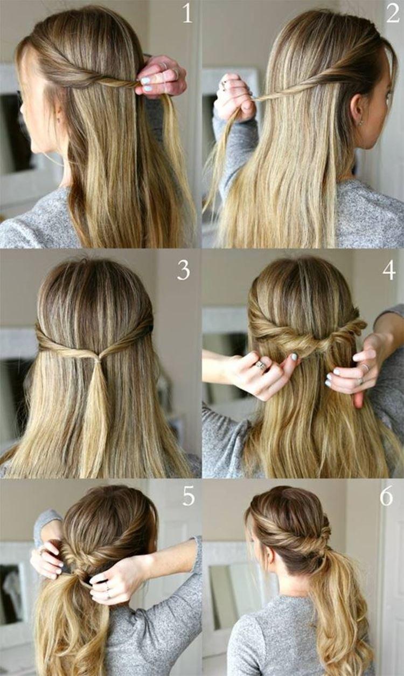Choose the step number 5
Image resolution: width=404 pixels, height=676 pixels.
(x=189, y=496)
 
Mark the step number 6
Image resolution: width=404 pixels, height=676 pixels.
(x=386, y=496)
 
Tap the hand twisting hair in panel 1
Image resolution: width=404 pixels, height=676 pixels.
(x=161, y=77)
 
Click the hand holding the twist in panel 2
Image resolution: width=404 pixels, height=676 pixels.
(x=235, y=96)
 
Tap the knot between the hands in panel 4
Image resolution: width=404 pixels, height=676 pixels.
(x=314, y=347)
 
